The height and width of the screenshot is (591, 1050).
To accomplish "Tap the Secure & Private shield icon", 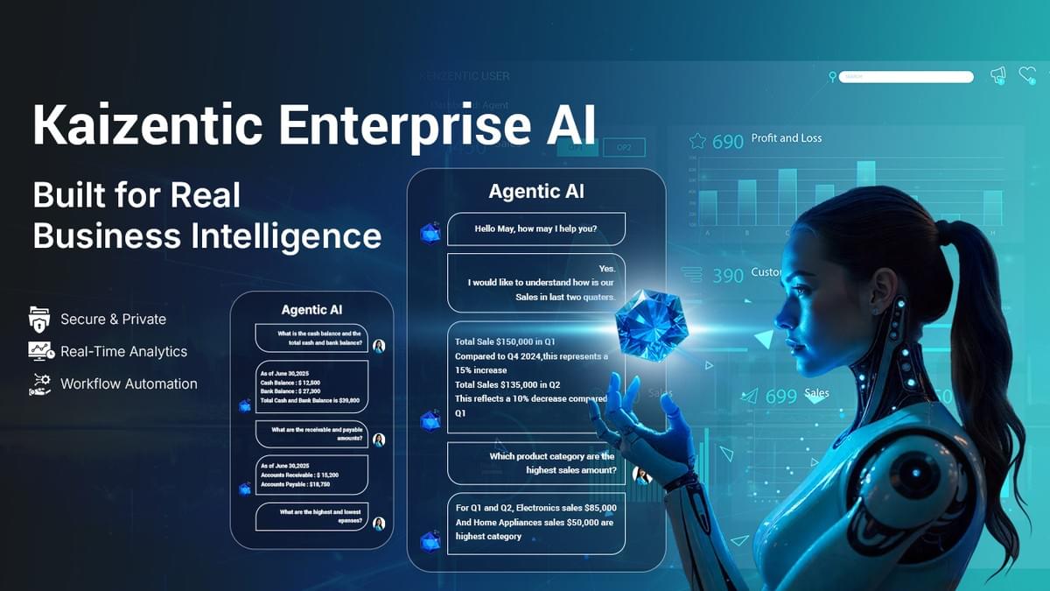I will pyautogui.click(x=40, y=319).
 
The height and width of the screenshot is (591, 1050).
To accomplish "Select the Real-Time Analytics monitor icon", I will pyautogui.click(x=40, y=351).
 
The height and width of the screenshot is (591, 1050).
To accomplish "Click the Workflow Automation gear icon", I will pyautogui.click(x=40, y=383).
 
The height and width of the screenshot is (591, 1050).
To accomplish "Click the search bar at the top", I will pyautogui.click(x=906, y=77).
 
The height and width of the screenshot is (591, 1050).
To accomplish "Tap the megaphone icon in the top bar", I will pyautogui.click(x=998, y=76).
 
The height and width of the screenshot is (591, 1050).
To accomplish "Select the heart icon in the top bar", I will pyautogui.click(x=1027, y=76).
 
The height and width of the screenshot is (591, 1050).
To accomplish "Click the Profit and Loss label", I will pyautogui.click(x=787, y=138).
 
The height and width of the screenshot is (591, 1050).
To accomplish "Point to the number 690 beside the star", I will pyautogui.click(x=727, y=141).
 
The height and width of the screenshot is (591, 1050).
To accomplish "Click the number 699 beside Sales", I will pyautogui.click(x=780, y=397).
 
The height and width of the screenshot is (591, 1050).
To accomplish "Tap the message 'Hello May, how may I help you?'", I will pyautogui.click(x=535, y=229).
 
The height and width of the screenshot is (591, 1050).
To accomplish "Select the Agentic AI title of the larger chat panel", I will pyautogui.click(x=536, y=192).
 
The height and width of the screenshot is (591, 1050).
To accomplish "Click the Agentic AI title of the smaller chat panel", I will pyautogui.click(x=311, y=310).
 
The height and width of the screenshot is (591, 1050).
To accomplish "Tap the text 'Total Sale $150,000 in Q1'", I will pyautogui.click(x=505, y=341).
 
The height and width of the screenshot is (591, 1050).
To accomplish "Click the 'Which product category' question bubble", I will pyautogui.click(x=535, y=463).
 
